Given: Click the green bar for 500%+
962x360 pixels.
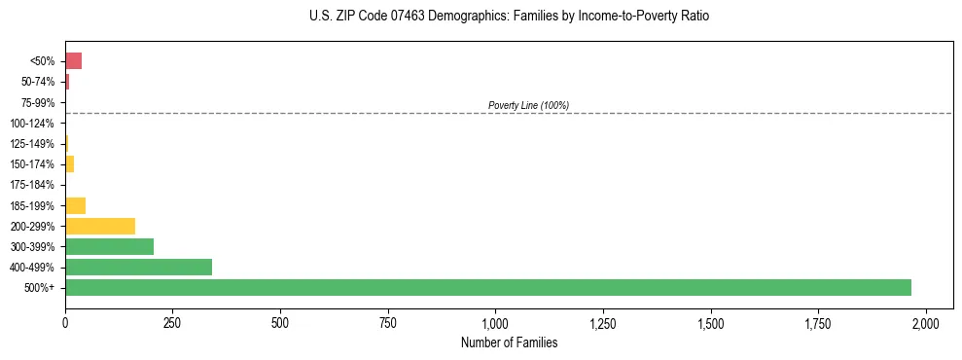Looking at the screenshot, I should click(x=487, y=287).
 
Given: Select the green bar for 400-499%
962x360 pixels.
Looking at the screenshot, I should click(x=138, y=267).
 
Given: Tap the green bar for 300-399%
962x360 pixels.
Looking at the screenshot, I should click(x=109, y=246).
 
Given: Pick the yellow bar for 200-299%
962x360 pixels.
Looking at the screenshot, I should click(x=100, y=226).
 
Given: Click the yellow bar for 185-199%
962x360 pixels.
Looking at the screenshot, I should click(x=75, y=205).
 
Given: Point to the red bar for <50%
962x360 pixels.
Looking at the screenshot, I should click(x=73, y=61).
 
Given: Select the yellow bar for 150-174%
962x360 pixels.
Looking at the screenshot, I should click(x=69, y=163).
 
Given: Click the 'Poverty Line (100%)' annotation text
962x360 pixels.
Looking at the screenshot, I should click(x=528, y=105).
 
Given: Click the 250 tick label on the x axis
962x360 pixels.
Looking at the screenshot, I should click(x=172, y=323).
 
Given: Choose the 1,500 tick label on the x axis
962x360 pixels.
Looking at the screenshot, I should click(x=711, y=323).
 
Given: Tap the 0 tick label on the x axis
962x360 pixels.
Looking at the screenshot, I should click(x=65, y=323).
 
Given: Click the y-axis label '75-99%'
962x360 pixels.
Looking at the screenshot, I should click(x=38, y=102).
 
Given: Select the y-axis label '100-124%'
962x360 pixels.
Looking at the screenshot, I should click(x=33, y=123).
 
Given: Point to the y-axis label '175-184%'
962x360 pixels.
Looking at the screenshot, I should click(x=33, y=185).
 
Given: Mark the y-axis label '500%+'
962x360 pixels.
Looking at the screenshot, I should click(x=40, y=288).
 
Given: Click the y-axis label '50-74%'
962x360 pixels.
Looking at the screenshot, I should click(x=38, y=82).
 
